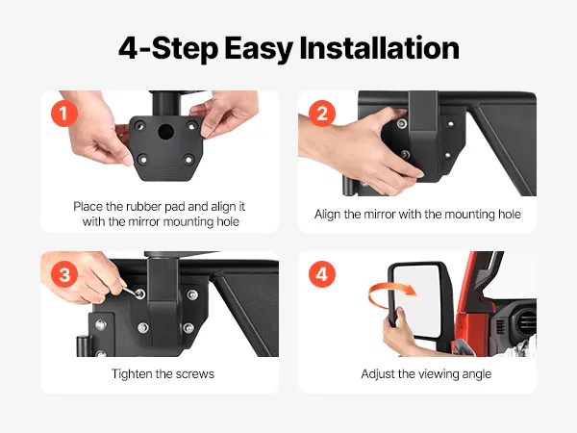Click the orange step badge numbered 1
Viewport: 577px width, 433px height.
pyautogui.click(x=64, y=114)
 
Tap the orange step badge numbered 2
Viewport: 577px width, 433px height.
pyautogui.click(x=322, y=114)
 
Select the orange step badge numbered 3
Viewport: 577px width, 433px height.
pyautogui.click(x=64, y=274)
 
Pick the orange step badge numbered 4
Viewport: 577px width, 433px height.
pyautogui.click(x=322, y=274)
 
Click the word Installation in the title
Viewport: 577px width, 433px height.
pyautogui.click(x=380, y=48)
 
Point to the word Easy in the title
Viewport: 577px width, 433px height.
pyautogui.click(x=259, y=49)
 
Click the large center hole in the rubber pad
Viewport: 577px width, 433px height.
pyautogui.click(x=165, y=132)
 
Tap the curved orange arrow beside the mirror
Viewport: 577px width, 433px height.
pyautogui.click(x=390, y=293)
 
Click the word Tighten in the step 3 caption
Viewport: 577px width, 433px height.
pyautogui.click(x=132, y=374)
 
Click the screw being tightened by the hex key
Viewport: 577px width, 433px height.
pyautogui.click(x=139, y=293)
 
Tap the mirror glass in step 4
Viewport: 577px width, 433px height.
pyautogui.click(x=417, y=300)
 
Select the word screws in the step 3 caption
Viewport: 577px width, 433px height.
pyautogui.click(x=194, y=374)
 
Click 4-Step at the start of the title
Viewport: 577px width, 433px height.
pyautogui.click(x=168, y=49)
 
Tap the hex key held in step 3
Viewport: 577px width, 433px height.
pyautogui.click(x=130, y=291)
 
